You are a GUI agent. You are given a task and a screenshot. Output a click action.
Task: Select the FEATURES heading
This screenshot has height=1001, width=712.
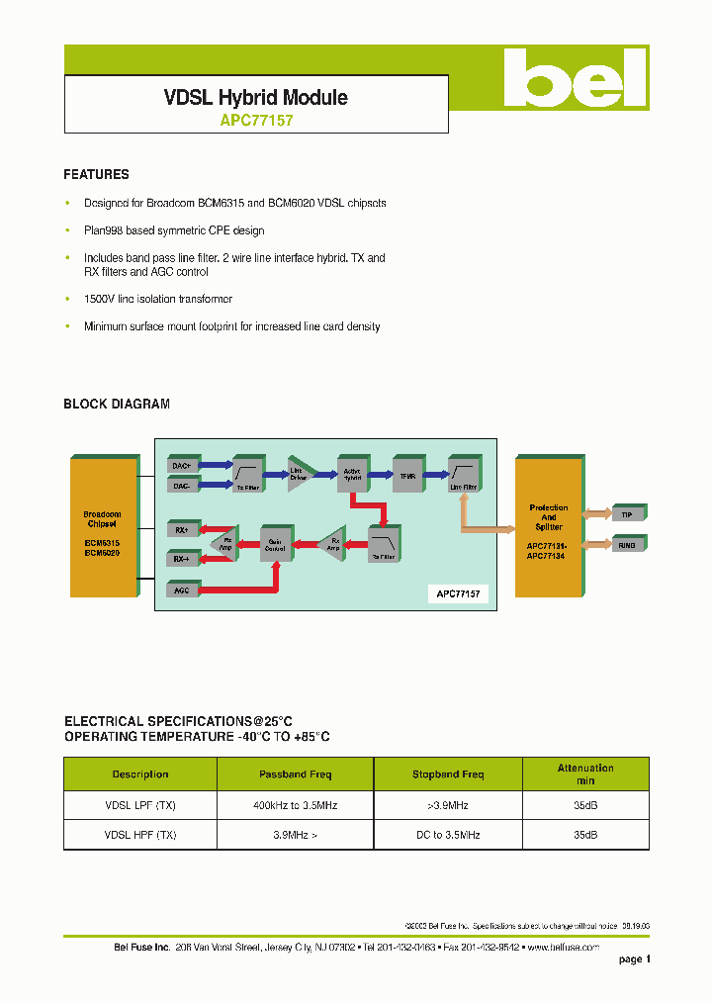pyautogui.click(x=96, y=174)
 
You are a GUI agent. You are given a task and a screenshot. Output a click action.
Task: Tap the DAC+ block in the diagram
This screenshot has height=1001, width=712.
pyautogui.click(x=182, y=465)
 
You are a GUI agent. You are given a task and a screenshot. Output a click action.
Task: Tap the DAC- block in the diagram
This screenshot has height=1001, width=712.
pyautogui.click(x=182, y=486)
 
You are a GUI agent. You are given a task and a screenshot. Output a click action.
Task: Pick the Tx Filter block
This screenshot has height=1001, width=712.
pyautogui.click(x=246, y=472)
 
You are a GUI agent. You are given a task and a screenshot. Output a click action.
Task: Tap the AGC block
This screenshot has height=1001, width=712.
pyautogui.click(x=182, y=590)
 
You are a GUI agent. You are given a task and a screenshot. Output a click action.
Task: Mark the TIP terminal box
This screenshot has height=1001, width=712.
pyautogui.click(x=627, y=514)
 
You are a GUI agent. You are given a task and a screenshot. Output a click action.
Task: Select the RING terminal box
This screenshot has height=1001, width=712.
pyautogui.click(x=627, y=544)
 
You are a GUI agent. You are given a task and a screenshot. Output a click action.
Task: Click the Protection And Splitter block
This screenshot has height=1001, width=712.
pyautogui.click(x=548, y=528)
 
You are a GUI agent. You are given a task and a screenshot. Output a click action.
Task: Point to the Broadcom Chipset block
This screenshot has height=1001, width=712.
pyautogui.click(x=102, y=527)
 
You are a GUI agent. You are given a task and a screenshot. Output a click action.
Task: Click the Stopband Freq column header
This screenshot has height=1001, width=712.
pyautogui.click(x=448, y=774)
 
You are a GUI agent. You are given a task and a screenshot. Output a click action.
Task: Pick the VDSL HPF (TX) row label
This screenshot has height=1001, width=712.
pyautogui.click(x=140, y=835)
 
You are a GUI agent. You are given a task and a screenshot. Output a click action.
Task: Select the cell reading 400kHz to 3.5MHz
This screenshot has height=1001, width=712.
pyautogui.click(x=295, y=806)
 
